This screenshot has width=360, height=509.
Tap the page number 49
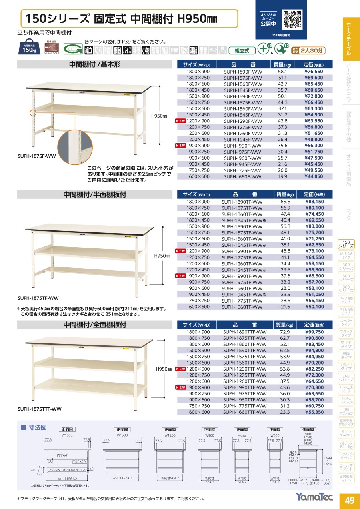349,500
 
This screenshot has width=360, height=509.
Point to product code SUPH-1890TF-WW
242,202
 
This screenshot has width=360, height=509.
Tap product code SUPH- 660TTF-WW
244,412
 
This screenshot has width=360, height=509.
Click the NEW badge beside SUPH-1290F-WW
181,121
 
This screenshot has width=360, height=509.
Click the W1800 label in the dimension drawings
67,435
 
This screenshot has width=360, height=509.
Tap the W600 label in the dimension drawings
275,435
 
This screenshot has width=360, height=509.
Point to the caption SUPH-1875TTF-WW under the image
40,409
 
